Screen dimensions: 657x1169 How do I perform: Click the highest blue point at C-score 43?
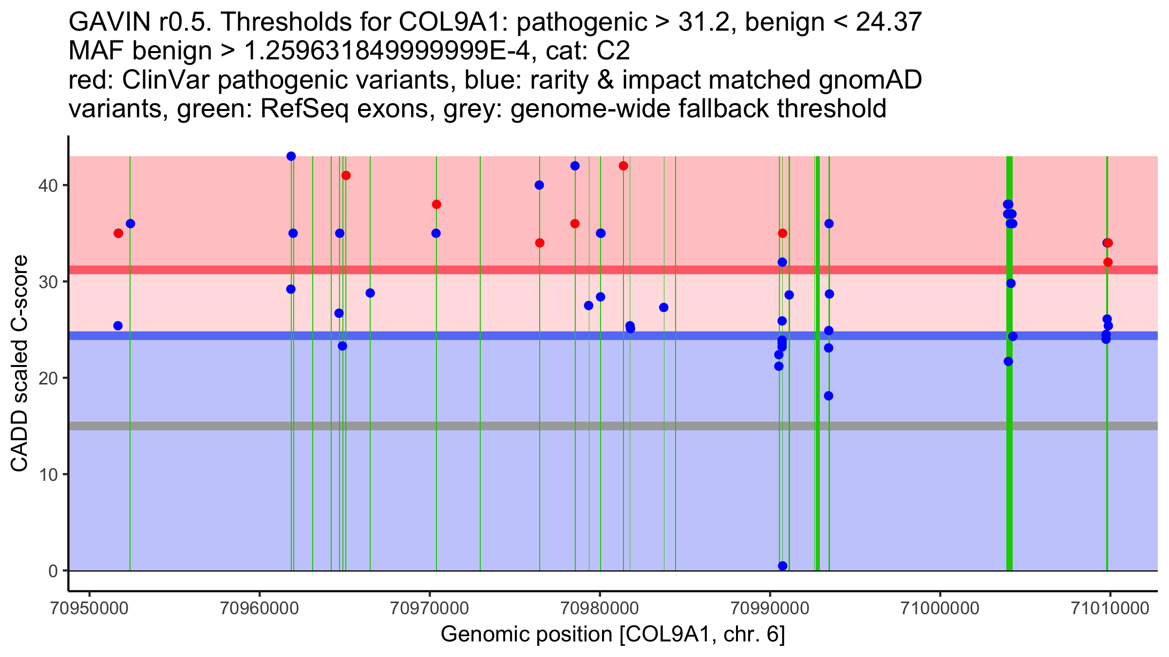(x=291, y=156)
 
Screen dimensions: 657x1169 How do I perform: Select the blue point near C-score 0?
(x=783, y=566)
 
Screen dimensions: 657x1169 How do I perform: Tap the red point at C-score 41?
(x=346, y=176)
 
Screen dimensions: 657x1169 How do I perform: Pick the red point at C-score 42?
(x=623, y=166)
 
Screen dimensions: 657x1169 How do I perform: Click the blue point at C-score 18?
(x=829, y=396)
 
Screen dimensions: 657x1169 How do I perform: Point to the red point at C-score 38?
(x=436, y=204)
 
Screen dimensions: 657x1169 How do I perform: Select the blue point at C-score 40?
(x=539, y=185)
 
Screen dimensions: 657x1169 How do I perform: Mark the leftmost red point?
(x=118, y=234)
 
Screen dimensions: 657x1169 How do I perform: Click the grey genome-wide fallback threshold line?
(x=487, y=426)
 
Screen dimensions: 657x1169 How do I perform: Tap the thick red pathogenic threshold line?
(x=487, y=270)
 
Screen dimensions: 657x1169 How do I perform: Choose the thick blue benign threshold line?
(x=487, y=336)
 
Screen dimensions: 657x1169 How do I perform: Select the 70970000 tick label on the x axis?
(x=430, y=608)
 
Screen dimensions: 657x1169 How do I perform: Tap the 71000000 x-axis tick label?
(x=940, y=608)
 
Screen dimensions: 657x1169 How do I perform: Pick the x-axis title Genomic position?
(x=613, y=635)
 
